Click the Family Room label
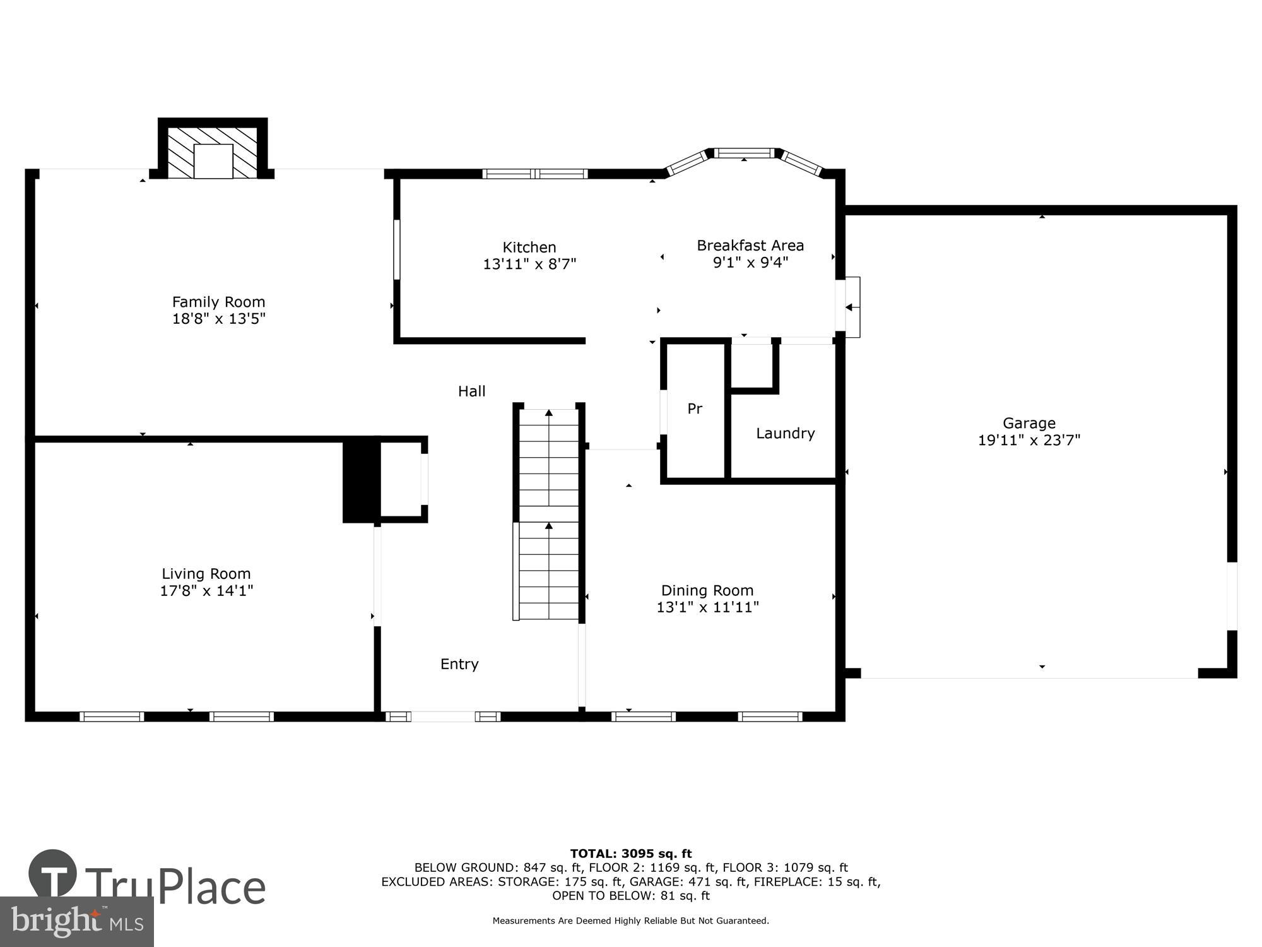[x=218, y=302]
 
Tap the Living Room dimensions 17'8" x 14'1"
[x=206, y=591]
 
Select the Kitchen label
[x=529, y=247]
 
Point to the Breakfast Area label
[x=750, y=245]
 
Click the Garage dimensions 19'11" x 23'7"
[x=1029, y=440]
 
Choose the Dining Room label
[x=707, y=590]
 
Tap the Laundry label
[x=785, y=433]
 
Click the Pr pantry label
[x=694, y=409]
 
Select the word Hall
[x=471, y=391]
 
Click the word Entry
[x=459, y=664]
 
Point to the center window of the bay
[x=744, y=153]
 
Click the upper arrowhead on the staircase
[x=548, y=413]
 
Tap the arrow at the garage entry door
[x=849, y=307]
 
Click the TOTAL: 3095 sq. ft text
[x=630, y=854]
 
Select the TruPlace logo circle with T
[x=53, y=874]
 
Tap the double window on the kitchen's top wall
[x=535, y=174]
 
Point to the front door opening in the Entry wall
[x=442, y=717]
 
